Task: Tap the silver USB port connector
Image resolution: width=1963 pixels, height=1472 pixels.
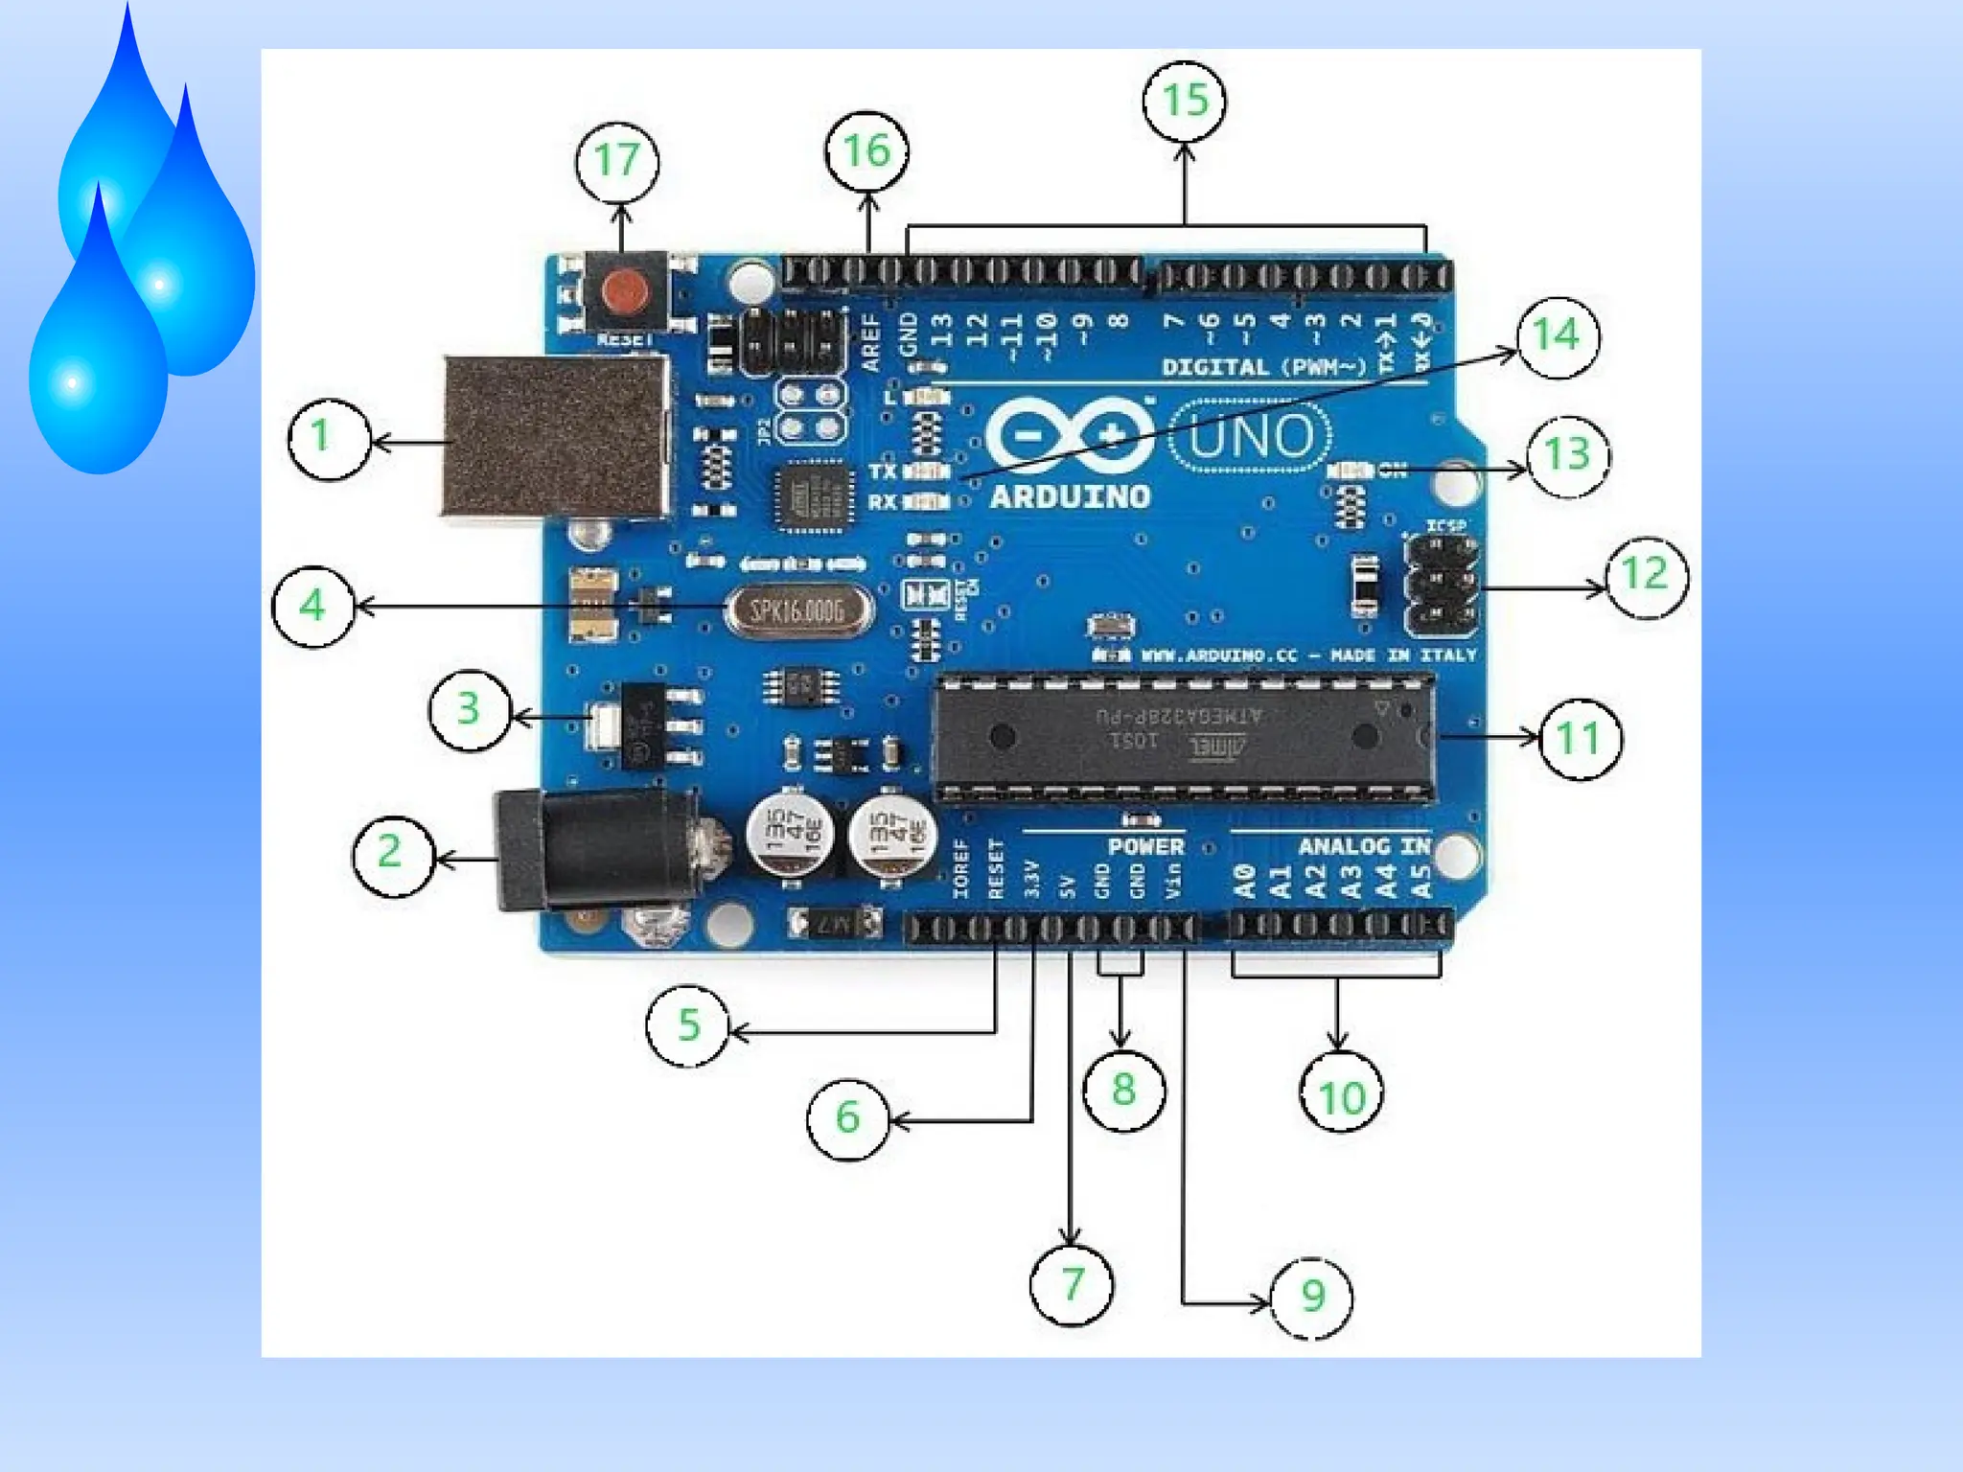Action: pyautogui.click(x=556, y=436)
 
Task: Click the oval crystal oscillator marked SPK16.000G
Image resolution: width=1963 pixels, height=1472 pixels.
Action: pyautogui.click(x=797, y=610)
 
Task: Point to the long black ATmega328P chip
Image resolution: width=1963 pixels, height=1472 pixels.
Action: pyautogui.click(x=1184, y=737)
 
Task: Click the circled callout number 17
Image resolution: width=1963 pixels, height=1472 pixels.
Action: pyautogui.click(x=616, y=161)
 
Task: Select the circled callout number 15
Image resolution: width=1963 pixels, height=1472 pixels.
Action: pyautogui.click(x=1185, y=101)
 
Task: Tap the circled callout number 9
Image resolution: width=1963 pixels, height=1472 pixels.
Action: pyautogui.click(x=1312, y=1297)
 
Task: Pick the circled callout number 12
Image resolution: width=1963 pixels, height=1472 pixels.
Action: pyautogui.click(x=1645, y=575)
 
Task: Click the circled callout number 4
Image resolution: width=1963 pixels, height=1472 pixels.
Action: pyautogui.click(x=312, y=607)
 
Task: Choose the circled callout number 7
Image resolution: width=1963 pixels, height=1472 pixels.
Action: pyautogui.click(x=1072, y=1285)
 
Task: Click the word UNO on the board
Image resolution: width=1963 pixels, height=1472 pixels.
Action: pyautogui.click(x=1251, y=437)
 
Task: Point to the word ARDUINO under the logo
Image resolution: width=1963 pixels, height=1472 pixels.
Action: pyautogui.click(x=1070, y=496)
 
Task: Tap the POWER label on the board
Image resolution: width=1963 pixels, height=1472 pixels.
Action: pyautogui.click(x=1145, y=846)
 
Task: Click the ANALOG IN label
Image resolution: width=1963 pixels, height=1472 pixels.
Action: pyautogui.click(x=1363, y=846)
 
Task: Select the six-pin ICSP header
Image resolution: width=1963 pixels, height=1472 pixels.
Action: pyautogui.click(x=1441, y=586)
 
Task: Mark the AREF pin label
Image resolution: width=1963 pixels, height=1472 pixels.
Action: pyautogui.click(x=870, y=342)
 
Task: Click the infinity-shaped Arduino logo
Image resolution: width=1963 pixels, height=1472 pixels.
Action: pyautogui.click(x=1070, y=436)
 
